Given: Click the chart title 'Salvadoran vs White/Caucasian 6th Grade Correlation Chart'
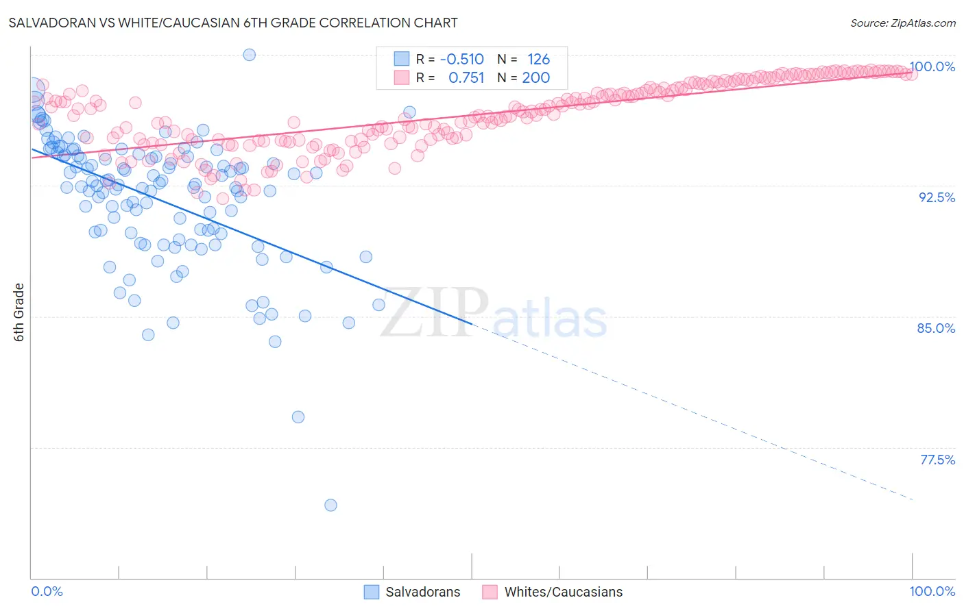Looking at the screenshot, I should (x=233, y=23).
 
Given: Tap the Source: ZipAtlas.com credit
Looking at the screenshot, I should (x=902, y=23).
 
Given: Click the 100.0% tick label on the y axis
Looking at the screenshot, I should (x=932, y=66).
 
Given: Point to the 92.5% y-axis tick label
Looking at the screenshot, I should (x=937, y=197).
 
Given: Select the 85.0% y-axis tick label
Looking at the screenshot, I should (x=936, y=328).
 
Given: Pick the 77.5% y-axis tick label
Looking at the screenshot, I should (x=937, y=460).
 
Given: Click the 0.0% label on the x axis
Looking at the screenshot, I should (x=47, y=591).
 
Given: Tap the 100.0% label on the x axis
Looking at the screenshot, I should (x=932, y=591).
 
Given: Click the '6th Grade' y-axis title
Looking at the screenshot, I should (x=19, y=312).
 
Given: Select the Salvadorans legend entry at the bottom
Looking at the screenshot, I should (x=412, y=592).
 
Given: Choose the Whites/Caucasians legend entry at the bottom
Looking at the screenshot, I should (x=553, y=592).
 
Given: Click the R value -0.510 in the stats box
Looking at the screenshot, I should (x=461, y=60).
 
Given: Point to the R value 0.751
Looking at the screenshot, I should (x=466, y=78).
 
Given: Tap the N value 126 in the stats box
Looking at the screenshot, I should (x=538, y=60).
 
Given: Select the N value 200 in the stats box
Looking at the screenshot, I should (x=535, y=78).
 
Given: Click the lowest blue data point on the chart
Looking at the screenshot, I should (x=330, y=506).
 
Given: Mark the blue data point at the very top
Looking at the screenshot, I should (x=250, y=55).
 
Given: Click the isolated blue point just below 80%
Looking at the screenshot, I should (x=298, y=417).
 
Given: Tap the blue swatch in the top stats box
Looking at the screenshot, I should (x=401, y=60).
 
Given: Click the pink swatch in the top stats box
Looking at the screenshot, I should (x=401, y=78).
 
